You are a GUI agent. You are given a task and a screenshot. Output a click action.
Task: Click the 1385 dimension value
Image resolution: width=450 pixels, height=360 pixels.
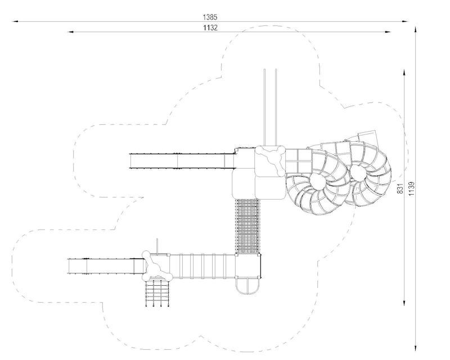(x=210, y=17)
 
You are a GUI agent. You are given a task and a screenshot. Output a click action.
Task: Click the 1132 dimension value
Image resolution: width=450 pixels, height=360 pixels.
(x=210, y=28)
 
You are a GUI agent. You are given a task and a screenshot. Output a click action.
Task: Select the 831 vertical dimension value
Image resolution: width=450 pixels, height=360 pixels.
(x=400, y=188)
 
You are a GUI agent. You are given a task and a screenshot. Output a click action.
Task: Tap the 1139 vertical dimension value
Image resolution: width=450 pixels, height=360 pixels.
(x=412, y=188)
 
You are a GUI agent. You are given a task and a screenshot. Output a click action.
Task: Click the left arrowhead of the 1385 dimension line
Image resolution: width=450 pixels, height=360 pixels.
(x=15, y=21)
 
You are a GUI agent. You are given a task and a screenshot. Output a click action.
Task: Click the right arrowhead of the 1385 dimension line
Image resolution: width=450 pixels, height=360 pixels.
(x=406, y=21)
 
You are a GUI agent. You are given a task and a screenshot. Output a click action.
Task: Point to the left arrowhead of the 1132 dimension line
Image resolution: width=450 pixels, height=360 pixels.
(x=71, y=32)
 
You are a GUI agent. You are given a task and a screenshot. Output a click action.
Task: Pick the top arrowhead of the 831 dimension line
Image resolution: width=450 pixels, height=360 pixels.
(x=404, y=73)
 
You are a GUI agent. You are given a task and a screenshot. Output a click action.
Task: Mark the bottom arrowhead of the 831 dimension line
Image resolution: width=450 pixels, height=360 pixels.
(x=404, y=303)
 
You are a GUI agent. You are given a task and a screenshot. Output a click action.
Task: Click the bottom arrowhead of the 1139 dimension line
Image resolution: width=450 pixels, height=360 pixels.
(x=415, y=348)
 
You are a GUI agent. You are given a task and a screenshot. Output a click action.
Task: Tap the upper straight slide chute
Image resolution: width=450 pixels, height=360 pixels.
(x=182, y=161)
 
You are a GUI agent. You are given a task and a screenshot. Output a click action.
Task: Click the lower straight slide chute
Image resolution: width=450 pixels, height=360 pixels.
(x=106, y=266)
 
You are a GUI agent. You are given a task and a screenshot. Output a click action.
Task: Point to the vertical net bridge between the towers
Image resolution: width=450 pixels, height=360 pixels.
(x=247, y=227)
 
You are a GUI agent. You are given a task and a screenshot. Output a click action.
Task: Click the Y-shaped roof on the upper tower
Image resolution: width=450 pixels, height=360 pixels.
(x=271, y=161)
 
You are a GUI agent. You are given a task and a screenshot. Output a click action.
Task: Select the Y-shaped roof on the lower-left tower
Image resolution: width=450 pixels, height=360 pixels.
(x=157, y=266)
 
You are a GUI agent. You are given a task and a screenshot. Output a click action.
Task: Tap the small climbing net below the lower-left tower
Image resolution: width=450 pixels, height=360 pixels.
(x=157, y=292)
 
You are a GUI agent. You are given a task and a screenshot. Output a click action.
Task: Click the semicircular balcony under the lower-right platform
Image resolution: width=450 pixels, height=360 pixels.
(x=247, y=286)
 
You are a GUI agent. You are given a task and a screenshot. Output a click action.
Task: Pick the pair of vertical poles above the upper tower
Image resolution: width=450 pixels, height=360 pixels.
(x=270, y=107)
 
